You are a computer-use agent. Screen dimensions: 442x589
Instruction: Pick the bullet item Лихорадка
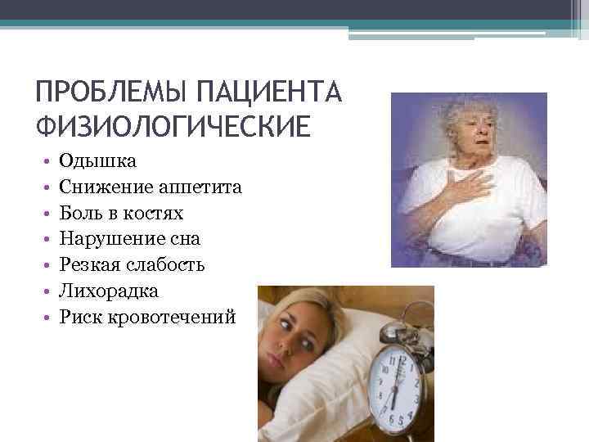pos(109,291)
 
